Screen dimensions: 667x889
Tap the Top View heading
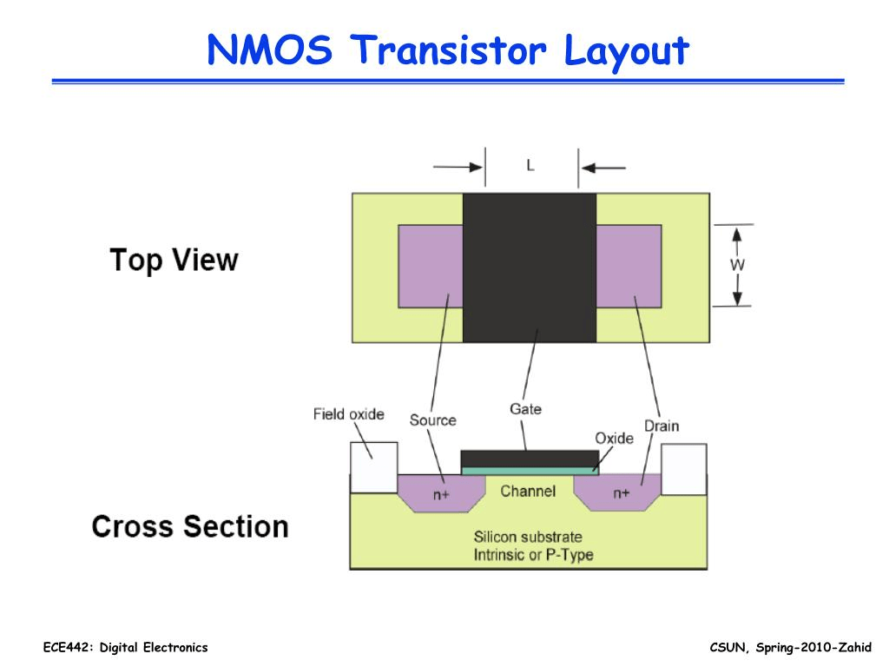[x=174, y=260]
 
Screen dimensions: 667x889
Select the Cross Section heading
[x=190, y=526]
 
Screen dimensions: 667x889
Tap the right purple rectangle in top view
[x=629, y=266]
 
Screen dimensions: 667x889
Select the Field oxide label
[x=348, y=414]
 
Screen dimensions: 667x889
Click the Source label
[x=432, y=420]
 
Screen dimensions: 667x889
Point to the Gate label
[x=525, y=408]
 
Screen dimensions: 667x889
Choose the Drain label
[x=662, y=426]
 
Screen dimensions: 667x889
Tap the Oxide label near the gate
[x=614, y=438]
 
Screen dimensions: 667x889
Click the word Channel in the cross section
[x=528, y=492]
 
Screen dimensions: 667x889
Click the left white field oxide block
[x=373, y=467]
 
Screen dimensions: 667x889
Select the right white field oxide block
[x=684, y=469]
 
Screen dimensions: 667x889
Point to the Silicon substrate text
[x=528, y=537]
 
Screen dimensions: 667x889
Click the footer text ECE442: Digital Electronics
[x=126, y=648]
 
